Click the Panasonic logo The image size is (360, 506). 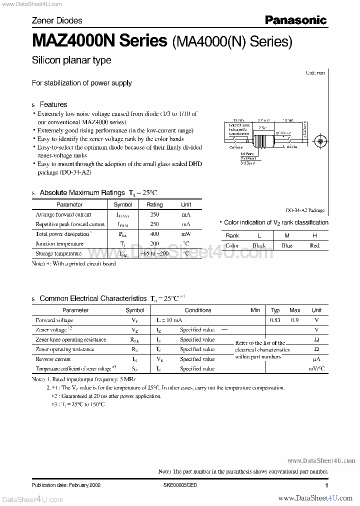[295, 20]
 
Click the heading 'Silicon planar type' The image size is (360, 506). [71, 60]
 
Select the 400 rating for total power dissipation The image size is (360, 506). [154, 234]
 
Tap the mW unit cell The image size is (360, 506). [186, 234]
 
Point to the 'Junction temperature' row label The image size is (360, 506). [59, 244]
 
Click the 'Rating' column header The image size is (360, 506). [154, 204]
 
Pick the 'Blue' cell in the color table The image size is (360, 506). [287, 245]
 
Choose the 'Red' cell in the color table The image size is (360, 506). [314, 245]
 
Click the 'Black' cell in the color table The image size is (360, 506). [259, 245]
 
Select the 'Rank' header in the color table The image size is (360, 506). [232, 235]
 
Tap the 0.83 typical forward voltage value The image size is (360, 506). [275, 320]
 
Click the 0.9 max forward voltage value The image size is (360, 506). [295, 320]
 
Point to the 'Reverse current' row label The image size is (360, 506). [53, 359]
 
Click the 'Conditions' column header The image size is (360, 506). [198, 310]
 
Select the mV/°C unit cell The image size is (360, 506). [316, 368]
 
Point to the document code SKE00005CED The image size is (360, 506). [180, 485]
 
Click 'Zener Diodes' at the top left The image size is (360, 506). [57, 20]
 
